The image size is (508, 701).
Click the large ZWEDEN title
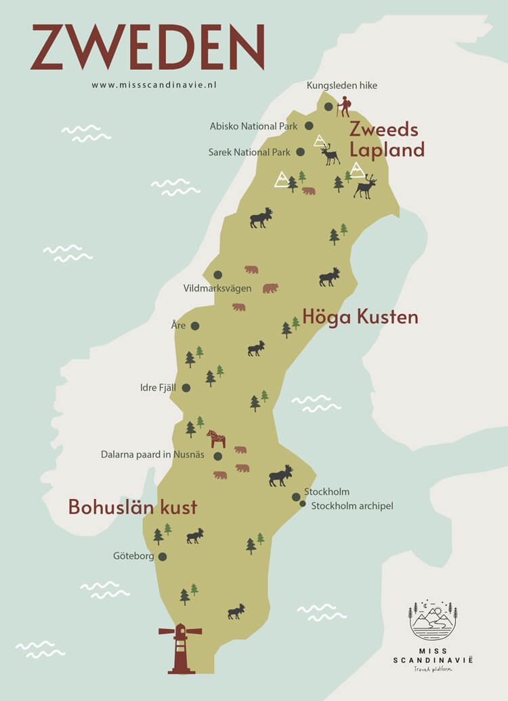[x=147, y=47]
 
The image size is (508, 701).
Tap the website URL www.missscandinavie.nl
[x=154, y=85]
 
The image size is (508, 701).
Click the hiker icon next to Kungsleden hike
[x=345, y=106]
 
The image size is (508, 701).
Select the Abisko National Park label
[x=253, y=126]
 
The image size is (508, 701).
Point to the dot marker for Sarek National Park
[x=301, y=153]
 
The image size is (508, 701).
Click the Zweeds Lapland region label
[x=386, y=140]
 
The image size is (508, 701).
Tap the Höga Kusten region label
[x=360, y=317]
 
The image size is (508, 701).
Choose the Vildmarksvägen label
[x=217, y=288]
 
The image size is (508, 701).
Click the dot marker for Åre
[x=195, y=326]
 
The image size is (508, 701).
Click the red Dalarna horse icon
[x=216, y=438]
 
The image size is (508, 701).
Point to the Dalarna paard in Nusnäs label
[x=154, y=456]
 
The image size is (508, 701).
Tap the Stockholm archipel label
[x=352, y=506]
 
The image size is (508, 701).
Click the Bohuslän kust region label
[x=133, y=507]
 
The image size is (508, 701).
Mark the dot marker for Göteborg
[x=163, y=557]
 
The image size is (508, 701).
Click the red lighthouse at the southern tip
[x=180, y=648]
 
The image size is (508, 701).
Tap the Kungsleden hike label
[x=342, y=85]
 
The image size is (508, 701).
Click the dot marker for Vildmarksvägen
[x=218, y=275]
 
